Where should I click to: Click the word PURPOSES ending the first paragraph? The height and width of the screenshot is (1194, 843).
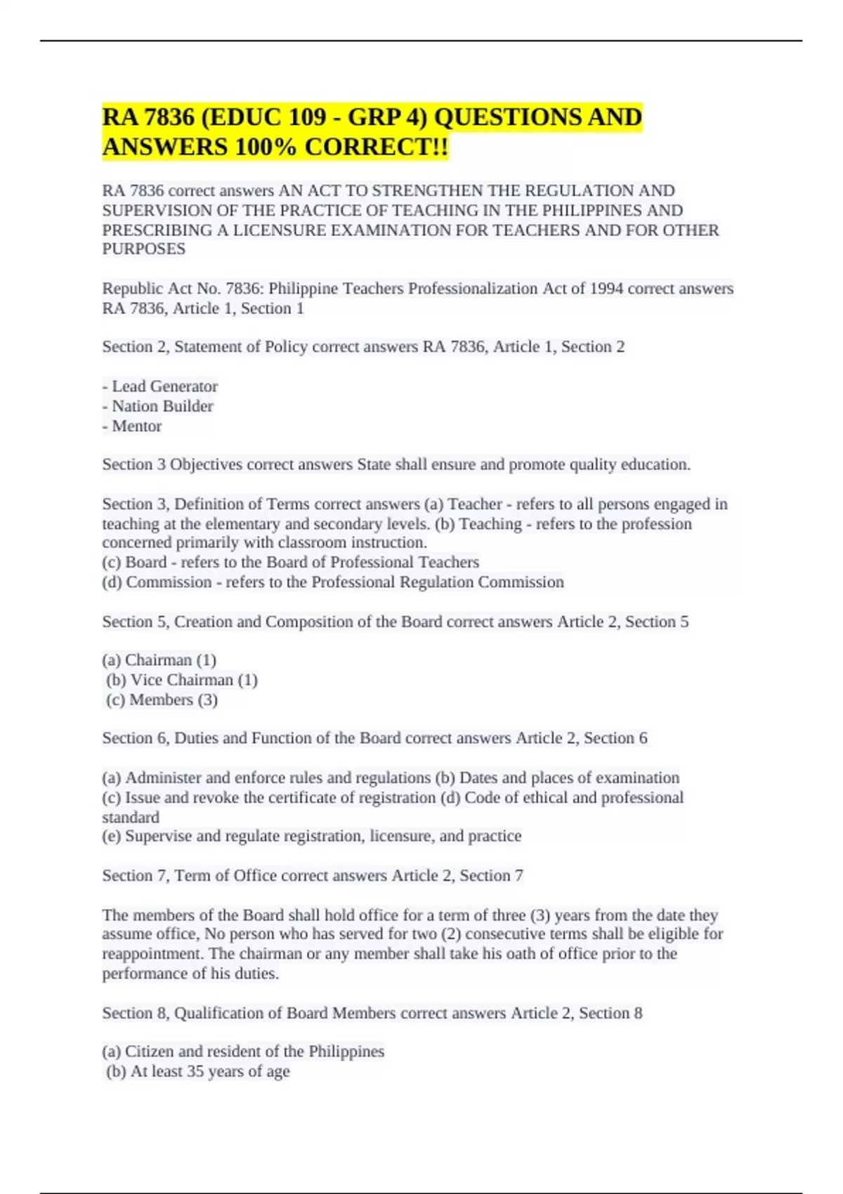point(144,249)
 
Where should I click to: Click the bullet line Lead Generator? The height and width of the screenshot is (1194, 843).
point(160,386)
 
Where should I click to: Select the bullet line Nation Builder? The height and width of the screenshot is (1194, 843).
point(158,406)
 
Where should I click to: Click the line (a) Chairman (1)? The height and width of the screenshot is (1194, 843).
point(159,660)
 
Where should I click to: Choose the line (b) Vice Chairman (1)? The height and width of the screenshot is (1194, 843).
point(182,680)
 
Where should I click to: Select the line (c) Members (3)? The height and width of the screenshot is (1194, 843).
point(162,700)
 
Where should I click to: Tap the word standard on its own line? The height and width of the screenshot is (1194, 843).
point(131,817)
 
